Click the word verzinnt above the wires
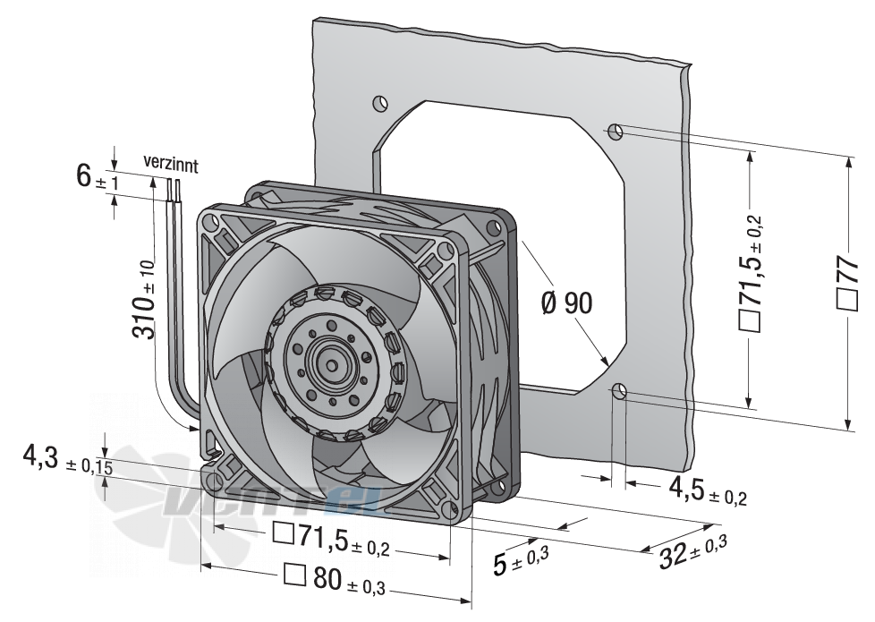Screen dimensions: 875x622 [170, 163]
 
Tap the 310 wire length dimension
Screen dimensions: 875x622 [145, 300]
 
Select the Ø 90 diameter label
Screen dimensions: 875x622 [566, 303]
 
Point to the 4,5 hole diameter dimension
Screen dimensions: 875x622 [707, 490]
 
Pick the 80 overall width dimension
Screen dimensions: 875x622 [335, 579]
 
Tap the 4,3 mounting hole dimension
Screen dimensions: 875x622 [67, 460]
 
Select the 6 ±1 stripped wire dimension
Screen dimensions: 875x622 [98, 177]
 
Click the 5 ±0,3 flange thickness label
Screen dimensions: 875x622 [522, 560]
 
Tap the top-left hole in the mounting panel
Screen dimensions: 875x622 [379, 103]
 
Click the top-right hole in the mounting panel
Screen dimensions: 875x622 [616, 132]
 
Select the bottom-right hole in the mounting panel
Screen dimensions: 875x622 [619, 393]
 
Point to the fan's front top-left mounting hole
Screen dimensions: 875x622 [211, 222]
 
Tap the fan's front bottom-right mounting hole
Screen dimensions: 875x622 [451, 509]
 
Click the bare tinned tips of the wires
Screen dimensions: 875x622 [174, 191]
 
